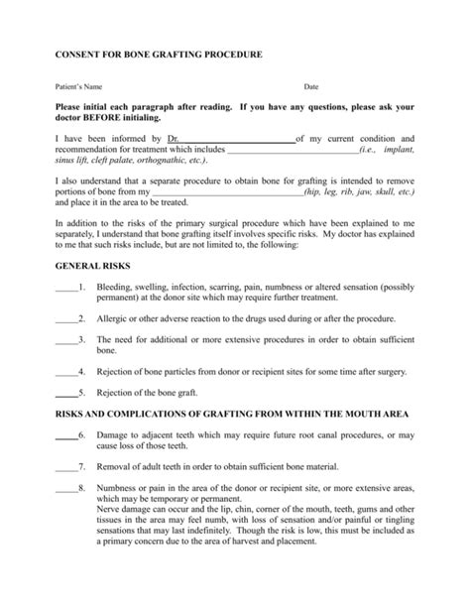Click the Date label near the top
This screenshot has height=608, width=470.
coord(310,87)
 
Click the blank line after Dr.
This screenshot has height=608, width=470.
coord(237,138)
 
